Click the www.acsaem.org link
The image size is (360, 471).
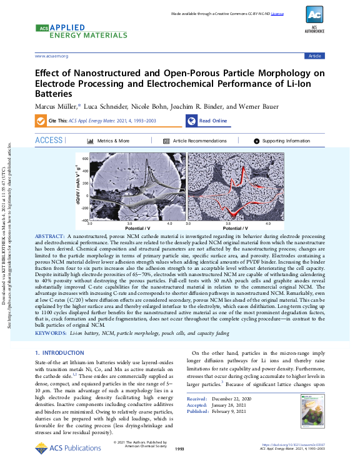tap(51, 56)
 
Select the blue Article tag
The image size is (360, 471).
tap(314, 56)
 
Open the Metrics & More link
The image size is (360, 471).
tap(113, 141)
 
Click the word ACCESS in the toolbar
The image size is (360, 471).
tap(49, 141)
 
